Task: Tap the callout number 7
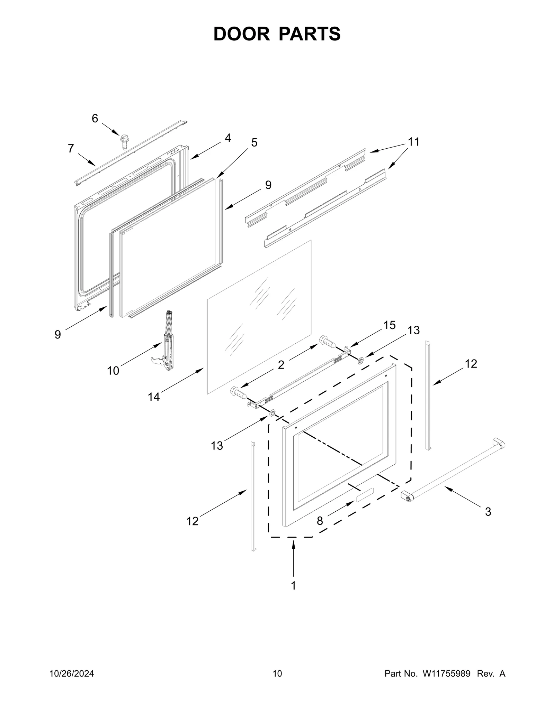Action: click(x=71, y=149)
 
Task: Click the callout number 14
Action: click(x=154, y=397)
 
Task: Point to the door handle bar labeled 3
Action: click(x=454, y=471)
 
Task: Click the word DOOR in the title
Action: click(x=241, y=34)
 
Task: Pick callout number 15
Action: click(x=389, y=325)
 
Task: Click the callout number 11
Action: click(x=413, y=142)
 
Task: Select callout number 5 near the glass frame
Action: click(x=254, y=142)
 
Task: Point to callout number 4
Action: click(x=227, y=138)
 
